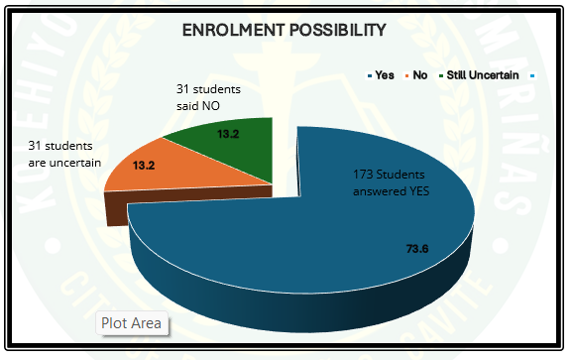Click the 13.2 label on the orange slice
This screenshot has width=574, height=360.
coord(145,165)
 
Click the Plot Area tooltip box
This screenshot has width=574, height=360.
coord(132,323)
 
